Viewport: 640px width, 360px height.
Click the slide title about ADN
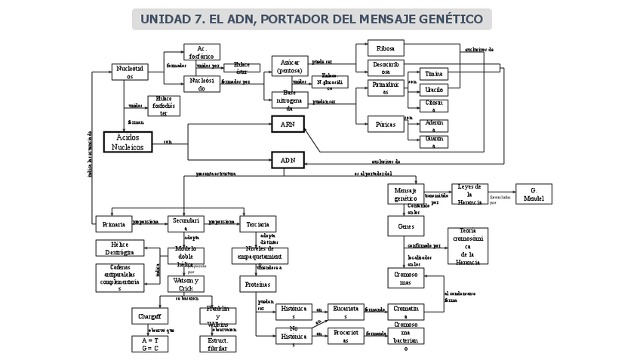312,19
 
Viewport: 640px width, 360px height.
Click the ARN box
288,125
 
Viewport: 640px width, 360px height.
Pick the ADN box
288,160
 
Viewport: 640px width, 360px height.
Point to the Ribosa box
386,48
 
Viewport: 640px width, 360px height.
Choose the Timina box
433,74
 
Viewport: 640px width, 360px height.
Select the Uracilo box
433,90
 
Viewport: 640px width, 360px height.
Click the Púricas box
386,125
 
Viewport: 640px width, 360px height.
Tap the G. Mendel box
533,194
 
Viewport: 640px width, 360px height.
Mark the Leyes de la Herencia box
469,193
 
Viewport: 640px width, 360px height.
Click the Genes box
405,226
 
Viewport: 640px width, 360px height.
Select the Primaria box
113,223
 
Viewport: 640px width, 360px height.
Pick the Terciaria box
257,223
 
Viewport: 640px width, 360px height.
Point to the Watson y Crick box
186,284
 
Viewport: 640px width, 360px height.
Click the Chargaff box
149,315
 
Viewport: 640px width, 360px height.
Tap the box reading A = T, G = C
149,344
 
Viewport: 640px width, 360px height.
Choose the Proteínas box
257,284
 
